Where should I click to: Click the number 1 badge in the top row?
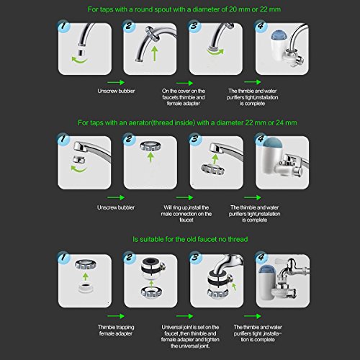[x=63, y=26]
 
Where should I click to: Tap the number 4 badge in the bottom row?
[x=261, y=257]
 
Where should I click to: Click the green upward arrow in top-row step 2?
[x=155, y=53]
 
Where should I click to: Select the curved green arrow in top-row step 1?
[x=80, y=59]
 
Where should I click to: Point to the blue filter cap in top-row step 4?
[x=279, y=35]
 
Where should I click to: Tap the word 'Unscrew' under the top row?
[x=107, y=91]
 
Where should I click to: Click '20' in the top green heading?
[x=233, y=9]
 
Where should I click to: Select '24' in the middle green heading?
[x=280, y=122]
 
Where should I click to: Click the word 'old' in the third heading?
[x=189, y=239]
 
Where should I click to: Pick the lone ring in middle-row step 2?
[x=150, y=146]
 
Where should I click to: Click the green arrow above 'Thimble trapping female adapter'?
[x=116, y=316]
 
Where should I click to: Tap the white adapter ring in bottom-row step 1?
[x=86, y=287]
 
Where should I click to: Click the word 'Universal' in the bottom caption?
[x=172, y=327]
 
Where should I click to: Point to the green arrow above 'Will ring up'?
[x=184, y=197]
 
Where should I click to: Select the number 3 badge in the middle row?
[x=195, y=139]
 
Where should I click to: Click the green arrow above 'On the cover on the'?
[x=184, y=83]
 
